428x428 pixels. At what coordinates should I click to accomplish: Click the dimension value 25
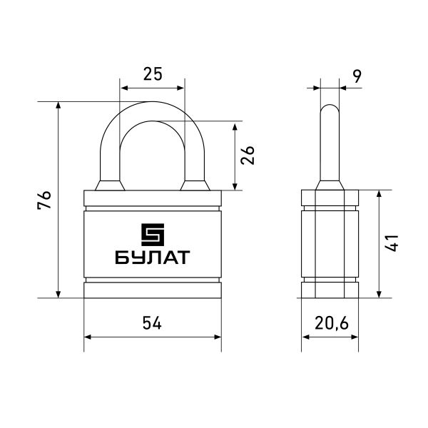tap(153, 74)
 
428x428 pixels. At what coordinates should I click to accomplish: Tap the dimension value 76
tap(44, 200)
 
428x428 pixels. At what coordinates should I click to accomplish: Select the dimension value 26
tap(248, 155)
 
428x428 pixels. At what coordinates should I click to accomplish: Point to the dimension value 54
tap(152, 323)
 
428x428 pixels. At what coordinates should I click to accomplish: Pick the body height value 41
tap(392, 243)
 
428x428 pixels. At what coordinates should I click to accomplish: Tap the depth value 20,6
tap(332, 323)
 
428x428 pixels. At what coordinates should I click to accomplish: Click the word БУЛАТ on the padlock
tap(153, 257)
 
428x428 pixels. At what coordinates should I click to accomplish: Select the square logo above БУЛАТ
tap(153, 235)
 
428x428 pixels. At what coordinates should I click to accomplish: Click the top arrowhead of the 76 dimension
tap(58, 105)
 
